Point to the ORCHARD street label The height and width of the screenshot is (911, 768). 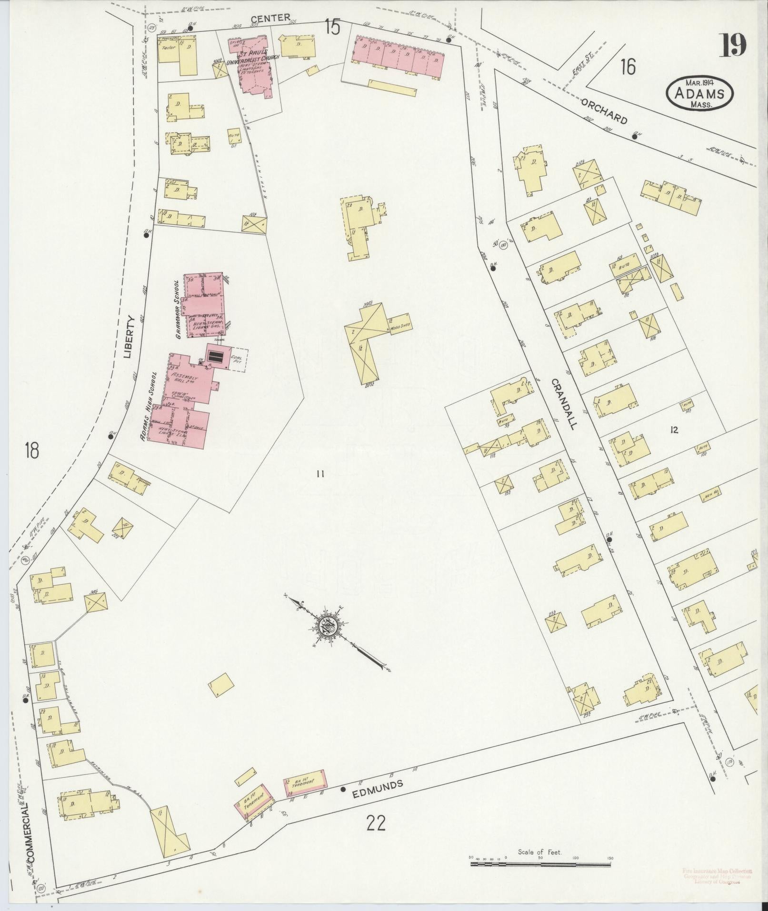604,110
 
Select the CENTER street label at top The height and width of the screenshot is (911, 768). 270,19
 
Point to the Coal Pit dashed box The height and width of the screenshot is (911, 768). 237,361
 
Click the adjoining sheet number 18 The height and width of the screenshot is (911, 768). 32,450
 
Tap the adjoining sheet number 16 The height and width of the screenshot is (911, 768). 628,67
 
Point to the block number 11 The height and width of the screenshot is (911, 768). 319,473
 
